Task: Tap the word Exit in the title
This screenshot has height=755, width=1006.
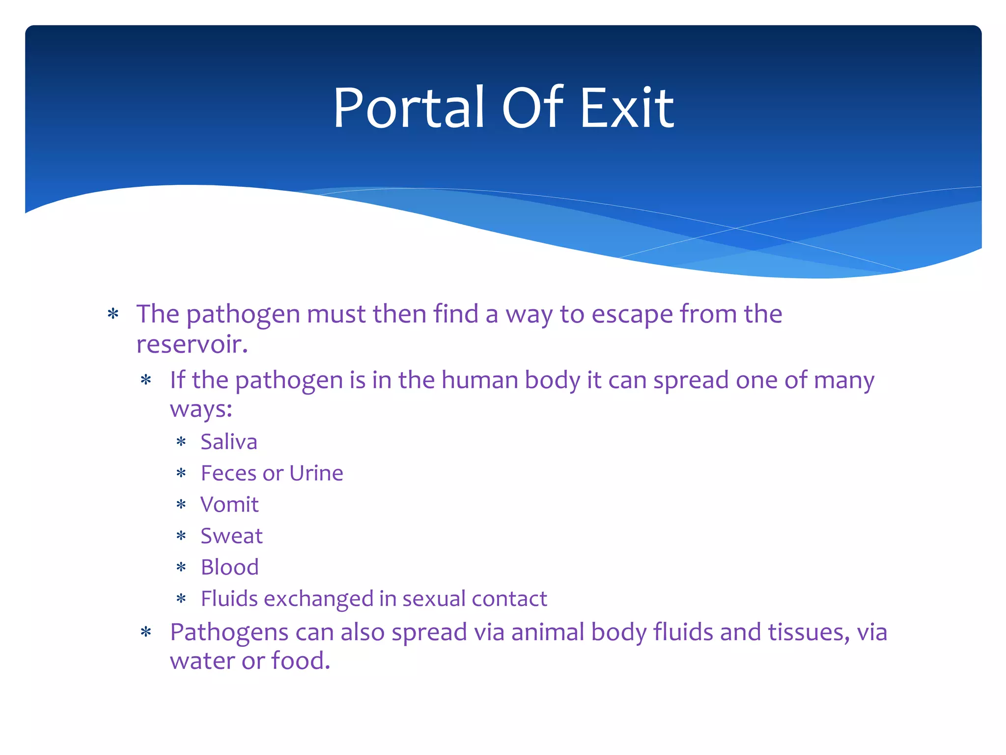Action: click(x=627, y=108)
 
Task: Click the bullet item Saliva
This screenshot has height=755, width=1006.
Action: click(x=229, y=441)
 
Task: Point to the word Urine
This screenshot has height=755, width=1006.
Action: click(x=316, y=473)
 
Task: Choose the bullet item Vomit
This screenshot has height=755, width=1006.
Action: click(x=229, y=505)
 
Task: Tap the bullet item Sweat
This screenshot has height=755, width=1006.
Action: click(x=231, y=536)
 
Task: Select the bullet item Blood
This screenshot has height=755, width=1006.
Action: click(x=229, y=567)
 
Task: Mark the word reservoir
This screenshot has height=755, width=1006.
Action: click(x=191, y=344)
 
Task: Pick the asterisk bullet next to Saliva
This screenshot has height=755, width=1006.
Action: click(x=181, y=442)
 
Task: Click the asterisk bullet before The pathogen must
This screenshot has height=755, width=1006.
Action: click(x=113, y=314)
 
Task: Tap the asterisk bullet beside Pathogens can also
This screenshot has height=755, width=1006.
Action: click(x=146, y=633)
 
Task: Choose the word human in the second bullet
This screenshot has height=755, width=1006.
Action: click(x=479, y=380)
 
